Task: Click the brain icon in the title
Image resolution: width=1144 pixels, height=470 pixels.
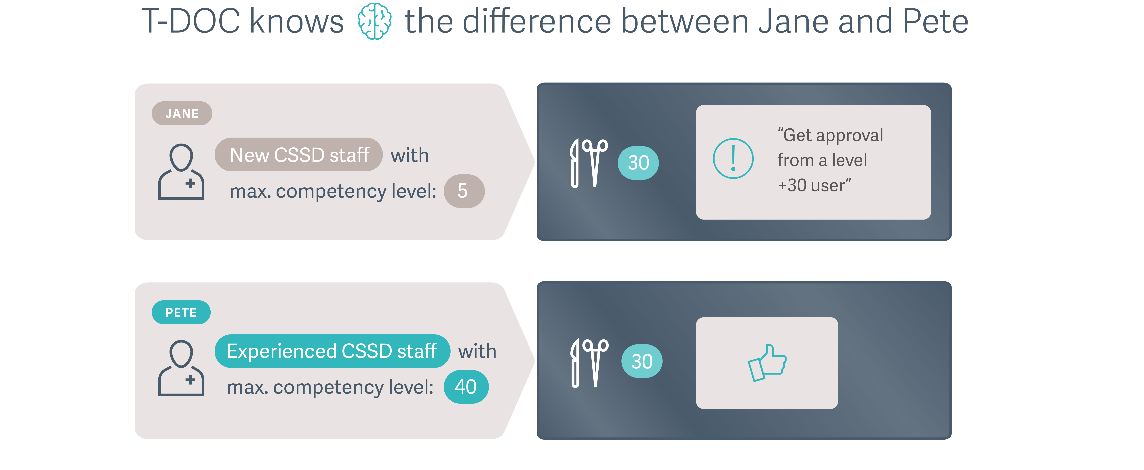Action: tap(374, 21)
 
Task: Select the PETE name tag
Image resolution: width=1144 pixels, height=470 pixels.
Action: tap(181, 312)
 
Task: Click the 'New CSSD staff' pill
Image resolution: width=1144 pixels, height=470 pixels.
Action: tap(299, 155)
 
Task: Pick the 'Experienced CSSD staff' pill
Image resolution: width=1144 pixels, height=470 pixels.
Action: tap(332, 351)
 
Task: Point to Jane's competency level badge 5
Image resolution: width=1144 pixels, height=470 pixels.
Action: tap(464, 191)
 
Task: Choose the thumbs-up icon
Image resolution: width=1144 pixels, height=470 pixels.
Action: tap(767, 362)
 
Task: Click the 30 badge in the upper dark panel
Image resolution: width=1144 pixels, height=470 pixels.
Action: tap(638, 163)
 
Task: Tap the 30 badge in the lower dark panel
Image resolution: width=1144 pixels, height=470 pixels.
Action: tap(642, 361)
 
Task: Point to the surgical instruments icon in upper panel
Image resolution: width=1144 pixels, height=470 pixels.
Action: tap(589, 163)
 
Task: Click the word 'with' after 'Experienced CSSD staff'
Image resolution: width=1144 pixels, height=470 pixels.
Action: tap(477, 351)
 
